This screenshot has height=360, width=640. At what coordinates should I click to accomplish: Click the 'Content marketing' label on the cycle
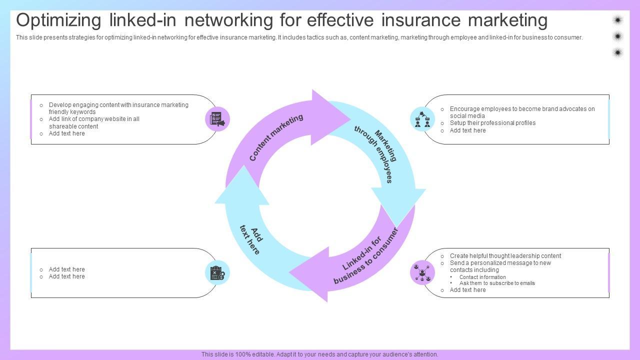[x=276, y=137]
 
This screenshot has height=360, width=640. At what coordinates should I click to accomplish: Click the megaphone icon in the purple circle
[x=217, y=119]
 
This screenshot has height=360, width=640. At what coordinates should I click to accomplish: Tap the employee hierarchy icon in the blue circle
[x=422, y=119]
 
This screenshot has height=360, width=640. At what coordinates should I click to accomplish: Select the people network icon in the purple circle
[x=422, y=272]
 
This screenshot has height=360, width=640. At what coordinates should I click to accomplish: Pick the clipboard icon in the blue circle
[x=217, y=273]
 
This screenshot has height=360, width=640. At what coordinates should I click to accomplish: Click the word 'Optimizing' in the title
[x=59, y=20]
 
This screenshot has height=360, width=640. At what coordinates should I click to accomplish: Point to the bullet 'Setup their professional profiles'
[x=492, y=123]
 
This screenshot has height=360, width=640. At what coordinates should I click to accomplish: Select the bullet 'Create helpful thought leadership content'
[x=505, y=256]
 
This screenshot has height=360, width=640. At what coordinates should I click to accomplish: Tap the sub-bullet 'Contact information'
[x=482, y=277]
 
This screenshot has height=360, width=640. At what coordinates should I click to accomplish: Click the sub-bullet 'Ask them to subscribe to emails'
[x=497, y=283]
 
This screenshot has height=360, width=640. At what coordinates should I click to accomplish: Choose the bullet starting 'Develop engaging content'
[x=118, y=108]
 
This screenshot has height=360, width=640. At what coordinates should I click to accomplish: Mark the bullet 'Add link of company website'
[x=94, y=122]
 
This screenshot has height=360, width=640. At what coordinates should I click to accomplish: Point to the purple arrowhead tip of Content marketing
[x=349, y=118]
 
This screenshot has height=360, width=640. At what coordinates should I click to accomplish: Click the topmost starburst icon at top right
[x=617, y=20]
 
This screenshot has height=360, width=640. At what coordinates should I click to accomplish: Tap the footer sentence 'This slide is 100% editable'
[x=319, y=354]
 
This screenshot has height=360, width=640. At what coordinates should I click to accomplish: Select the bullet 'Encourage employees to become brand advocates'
[x=522, y=112]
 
